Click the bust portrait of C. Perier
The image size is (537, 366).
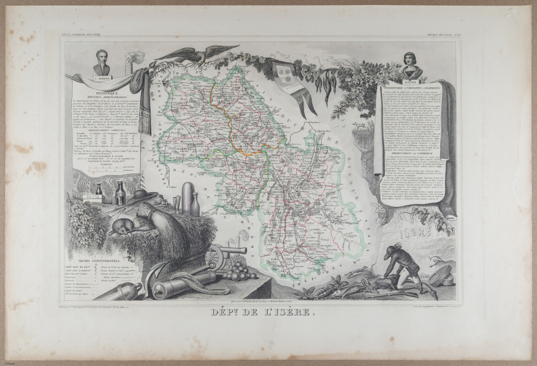point(102,62)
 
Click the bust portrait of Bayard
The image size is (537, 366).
point(412,65)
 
